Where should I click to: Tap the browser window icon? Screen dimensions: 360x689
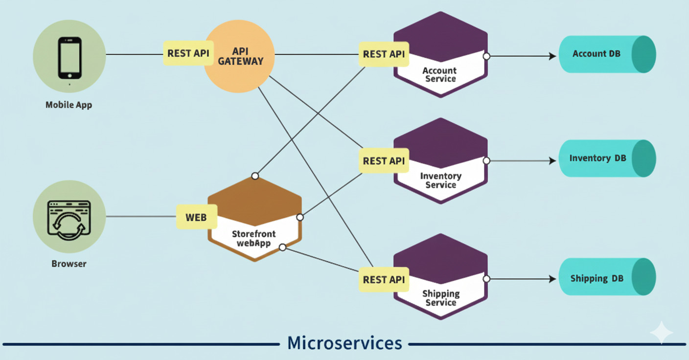click(x=69, y=219)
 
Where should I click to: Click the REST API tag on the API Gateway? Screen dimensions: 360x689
click(x=188, y=53)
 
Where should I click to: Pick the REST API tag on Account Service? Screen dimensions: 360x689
click(x=384, y=54)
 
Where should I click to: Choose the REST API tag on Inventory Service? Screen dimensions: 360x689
click(x=384, y=160)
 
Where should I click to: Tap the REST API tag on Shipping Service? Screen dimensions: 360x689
click(x=384, y=280)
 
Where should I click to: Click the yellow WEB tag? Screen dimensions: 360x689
click(x=196, y=217)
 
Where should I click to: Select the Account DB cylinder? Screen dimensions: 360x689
click(x=607, y=54)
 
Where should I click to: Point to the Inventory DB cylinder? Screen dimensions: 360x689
click(x=607, y=158)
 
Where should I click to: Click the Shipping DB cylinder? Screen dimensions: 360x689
click(x=607, y=278)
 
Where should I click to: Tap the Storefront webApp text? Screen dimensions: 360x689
click(x=253, y=238)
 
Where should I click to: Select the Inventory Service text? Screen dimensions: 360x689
click(x=440, y=180)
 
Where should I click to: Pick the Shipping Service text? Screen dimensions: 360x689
click(x=440, y=298)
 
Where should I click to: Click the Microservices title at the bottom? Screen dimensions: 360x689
click(x=344, y=343)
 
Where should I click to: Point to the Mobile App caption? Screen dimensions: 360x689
click(x=69, y=105)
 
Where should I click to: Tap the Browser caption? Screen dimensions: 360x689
click(x=69, y=264)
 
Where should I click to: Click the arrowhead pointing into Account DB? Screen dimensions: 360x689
click(x=552, y=56)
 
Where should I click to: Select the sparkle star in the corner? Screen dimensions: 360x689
click(x=661, y=333)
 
